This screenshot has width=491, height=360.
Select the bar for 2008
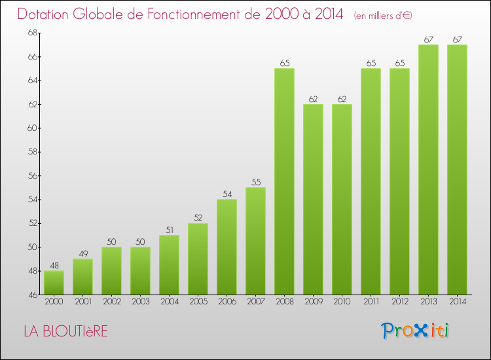[284, 181]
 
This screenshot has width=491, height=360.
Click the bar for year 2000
[54, 283]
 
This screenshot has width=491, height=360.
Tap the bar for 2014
[457, 170]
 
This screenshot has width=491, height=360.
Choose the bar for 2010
[342, 199]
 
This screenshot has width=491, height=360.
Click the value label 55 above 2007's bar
[255, 183]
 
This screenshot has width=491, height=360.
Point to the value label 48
[54, 266]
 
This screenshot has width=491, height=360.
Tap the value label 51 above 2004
[169, 230]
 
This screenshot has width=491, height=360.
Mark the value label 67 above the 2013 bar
[428, 40]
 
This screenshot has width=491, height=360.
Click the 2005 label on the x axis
[198, 302]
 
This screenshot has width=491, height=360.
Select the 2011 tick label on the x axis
[371, 302]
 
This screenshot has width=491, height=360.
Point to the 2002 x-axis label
[111, 302]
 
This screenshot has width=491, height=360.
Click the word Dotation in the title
[46, 14]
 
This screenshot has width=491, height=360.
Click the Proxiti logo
[415, 331]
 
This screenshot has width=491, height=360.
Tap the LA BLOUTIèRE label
[65, 331]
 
